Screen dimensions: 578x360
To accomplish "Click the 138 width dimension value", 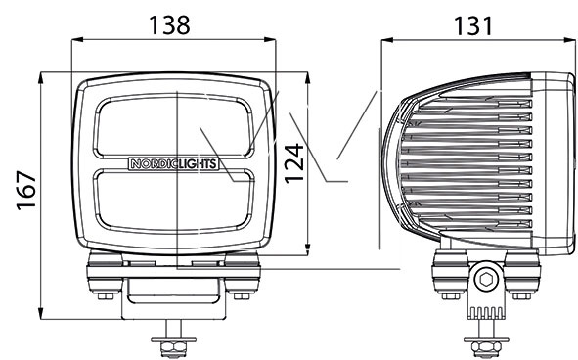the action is point(169,25).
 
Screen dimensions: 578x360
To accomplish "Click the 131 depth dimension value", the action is point(473,25).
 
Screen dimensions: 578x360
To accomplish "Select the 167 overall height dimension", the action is point(26,191).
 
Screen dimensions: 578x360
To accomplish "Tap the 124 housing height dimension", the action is point(294,163).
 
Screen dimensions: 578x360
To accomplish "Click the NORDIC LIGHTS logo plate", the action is point(173,163).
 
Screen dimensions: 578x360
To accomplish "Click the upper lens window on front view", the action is point(173,126).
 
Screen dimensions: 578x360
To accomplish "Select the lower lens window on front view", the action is point(173,201).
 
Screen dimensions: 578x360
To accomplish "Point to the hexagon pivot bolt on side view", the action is point(484,279).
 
